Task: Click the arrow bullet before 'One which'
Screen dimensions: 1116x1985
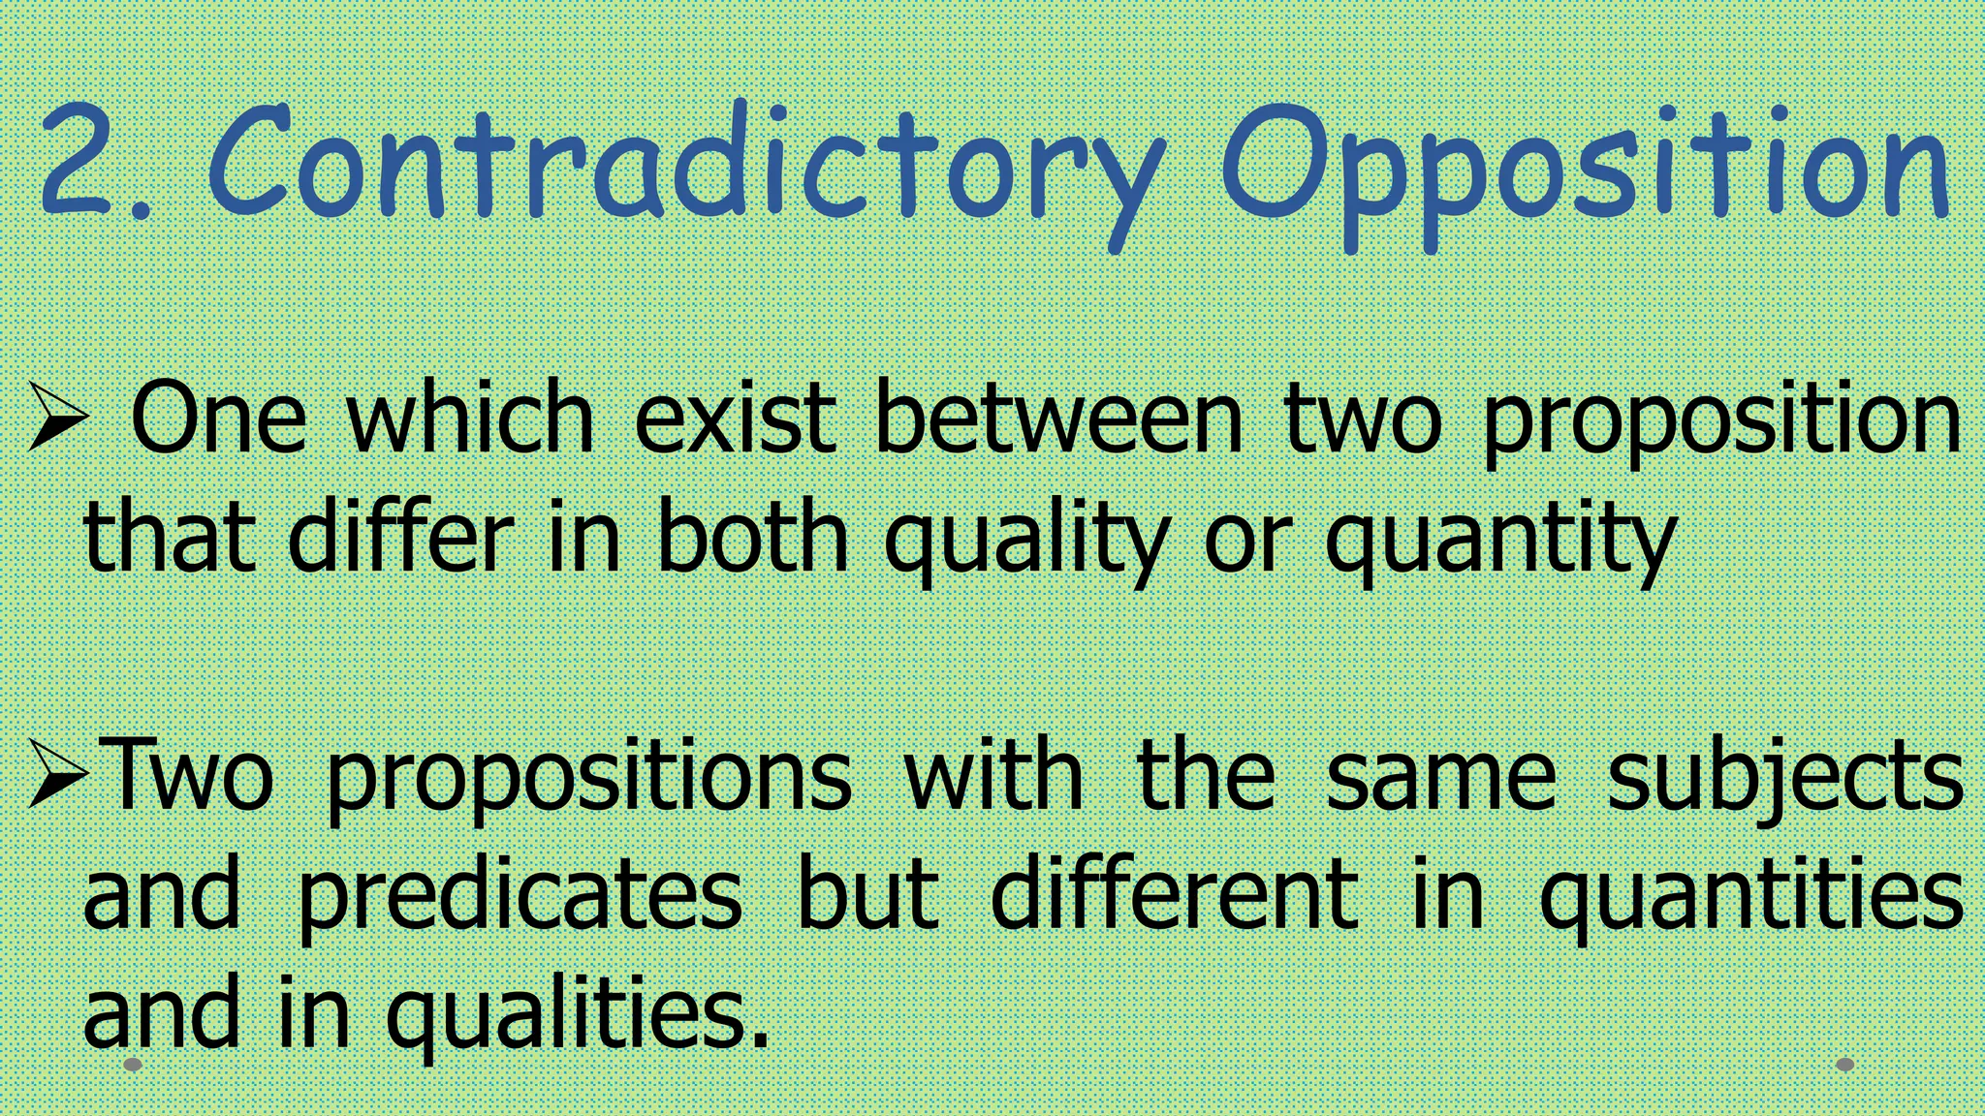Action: (x=58, y=418)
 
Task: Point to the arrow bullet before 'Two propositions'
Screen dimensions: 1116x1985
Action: (x=58, y=773)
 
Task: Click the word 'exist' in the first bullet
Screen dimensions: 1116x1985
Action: (x=735, y=418)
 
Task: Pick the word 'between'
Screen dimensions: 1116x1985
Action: (x=1057, y=418)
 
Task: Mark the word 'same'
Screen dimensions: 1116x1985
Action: (x=1440, y=775)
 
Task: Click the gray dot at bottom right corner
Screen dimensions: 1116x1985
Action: (x=1845, y=1065)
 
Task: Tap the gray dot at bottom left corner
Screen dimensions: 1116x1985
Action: (x=134, y=1065)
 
